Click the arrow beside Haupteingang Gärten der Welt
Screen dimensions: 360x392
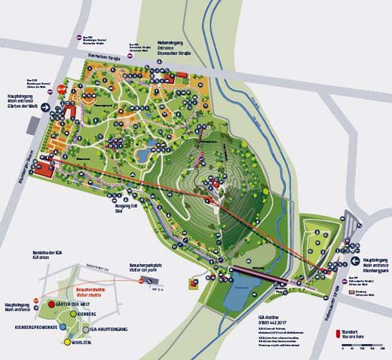[46, 107]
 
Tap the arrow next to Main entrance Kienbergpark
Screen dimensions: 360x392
[354, 263]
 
